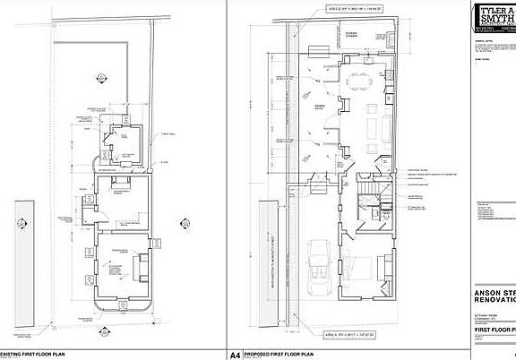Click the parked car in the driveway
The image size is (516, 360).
[x=319, y=268]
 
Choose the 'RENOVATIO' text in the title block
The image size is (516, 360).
[x=494, y=302]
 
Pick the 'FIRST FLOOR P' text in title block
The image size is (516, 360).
[x=494, y=331]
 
